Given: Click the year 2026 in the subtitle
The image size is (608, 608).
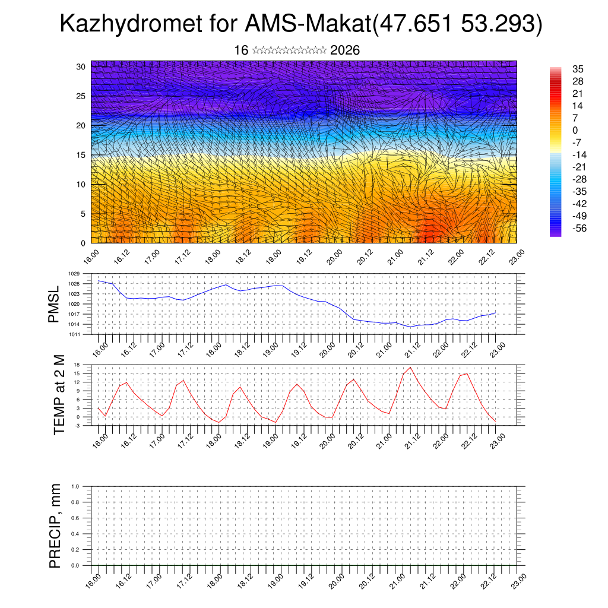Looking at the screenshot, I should (345, 50).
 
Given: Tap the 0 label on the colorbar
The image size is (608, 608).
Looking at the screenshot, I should (575, 130).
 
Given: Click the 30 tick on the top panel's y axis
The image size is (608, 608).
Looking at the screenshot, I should (81, 66).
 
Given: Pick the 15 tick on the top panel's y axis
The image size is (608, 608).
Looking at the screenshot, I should (81, 155).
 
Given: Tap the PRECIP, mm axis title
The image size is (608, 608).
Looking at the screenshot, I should (55, 525).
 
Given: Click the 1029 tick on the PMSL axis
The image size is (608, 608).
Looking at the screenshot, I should (73, 274).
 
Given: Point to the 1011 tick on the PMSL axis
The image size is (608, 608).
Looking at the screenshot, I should (73, 334).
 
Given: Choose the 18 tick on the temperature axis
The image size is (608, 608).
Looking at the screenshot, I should (77, 365).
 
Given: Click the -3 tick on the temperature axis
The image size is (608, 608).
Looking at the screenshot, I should (77, 425).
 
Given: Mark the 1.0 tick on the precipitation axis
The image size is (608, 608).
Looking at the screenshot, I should (75, 486).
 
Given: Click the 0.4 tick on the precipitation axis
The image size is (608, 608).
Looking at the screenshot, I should (75, 534).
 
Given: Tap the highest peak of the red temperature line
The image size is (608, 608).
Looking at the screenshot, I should (410, 368).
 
